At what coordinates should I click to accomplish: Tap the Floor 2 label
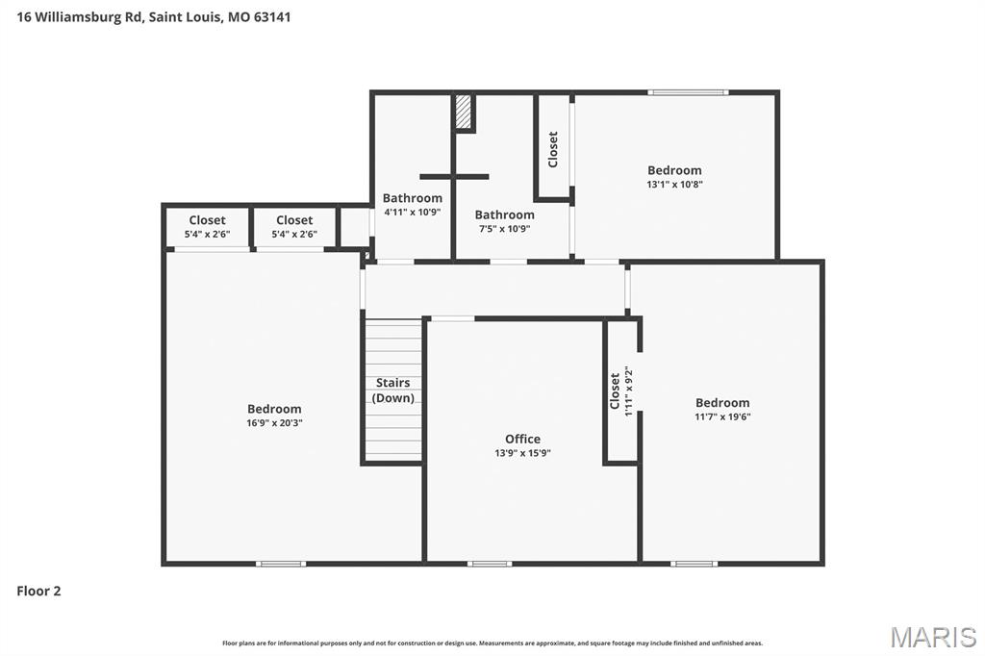point(38,592)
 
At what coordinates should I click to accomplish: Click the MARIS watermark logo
point(932,636)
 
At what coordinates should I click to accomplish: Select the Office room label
point(522,439)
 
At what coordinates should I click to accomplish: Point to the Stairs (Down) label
point(392,391)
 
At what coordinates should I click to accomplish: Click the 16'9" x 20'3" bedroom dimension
point(274,423)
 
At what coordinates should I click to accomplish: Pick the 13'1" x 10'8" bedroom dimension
point(674,185)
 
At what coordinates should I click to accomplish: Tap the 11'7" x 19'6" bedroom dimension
point(722,417)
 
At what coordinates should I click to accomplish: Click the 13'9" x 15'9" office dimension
point(522,453)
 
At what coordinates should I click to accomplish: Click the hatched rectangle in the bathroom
point(464,112)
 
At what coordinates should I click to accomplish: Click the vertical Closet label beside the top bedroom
point(553,149)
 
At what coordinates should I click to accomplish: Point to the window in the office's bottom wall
point(490,563)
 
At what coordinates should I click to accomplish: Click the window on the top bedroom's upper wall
point(688,92)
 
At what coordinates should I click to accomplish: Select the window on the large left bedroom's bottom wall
point(282,563)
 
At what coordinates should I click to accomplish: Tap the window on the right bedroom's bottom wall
point(694,563)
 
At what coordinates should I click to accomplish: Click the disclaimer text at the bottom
point(492,643)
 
